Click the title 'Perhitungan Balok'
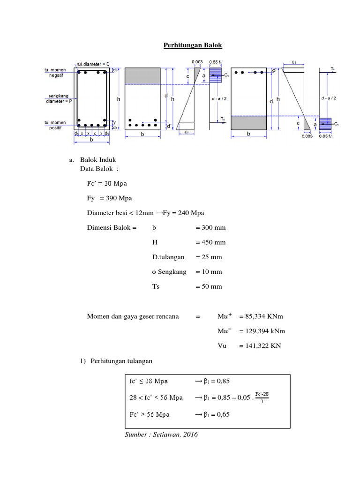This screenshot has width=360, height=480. (x=192, y=45)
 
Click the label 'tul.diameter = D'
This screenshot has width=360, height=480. (x=93, y=64)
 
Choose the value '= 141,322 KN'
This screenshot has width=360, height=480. (x=258, y=346)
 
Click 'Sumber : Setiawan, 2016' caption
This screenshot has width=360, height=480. (x=161, y=435)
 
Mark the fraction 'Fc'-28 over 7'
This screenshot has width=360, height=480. (x=262, y=396)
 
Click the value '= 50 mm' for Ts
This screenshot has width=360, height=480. (x=209, y=286)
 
